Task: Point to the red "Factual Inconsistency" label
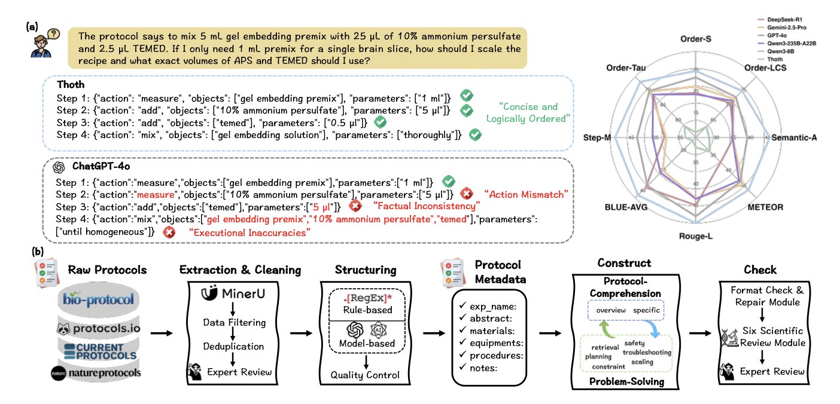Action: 427,206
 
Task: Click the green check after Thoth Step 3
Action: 379,122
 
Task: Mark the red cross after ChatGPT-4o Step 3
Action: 355,206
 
